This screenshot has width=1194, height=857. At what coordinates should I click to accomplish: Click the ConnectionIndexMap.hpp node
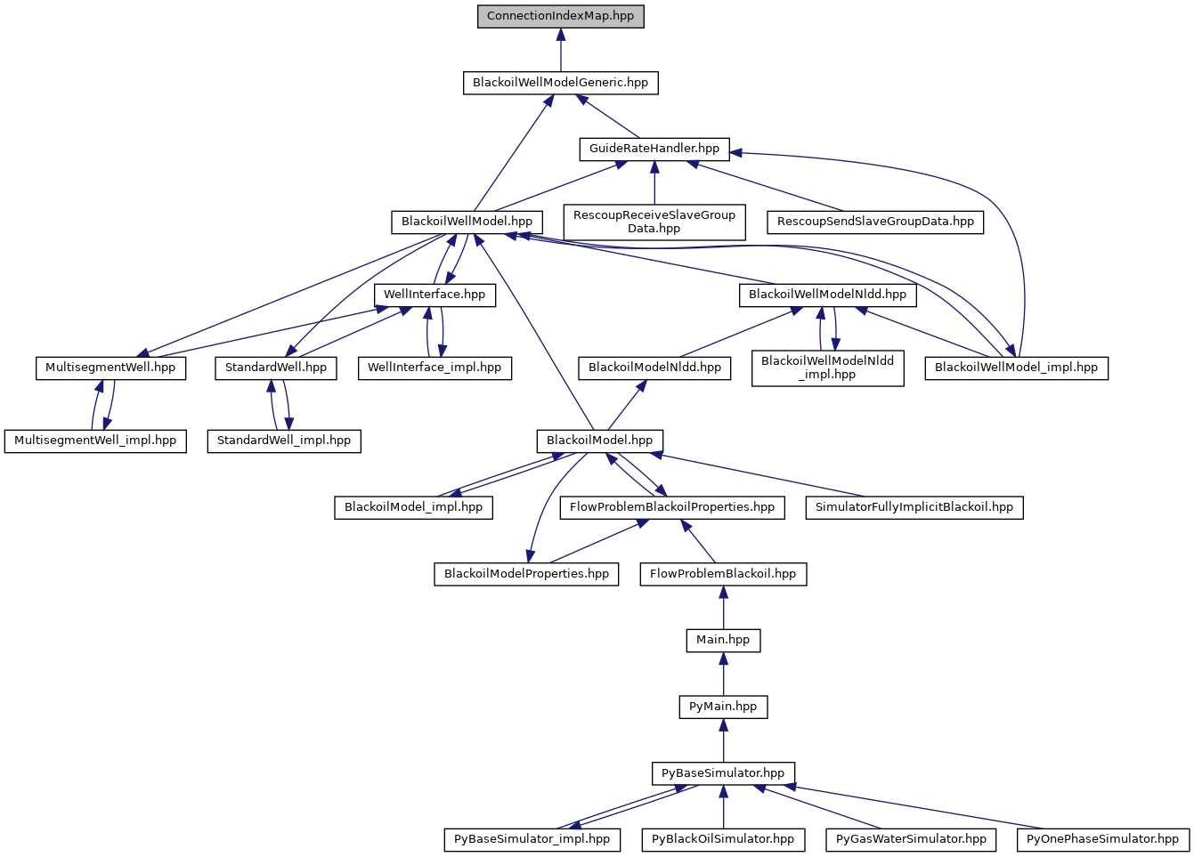pos(560,16)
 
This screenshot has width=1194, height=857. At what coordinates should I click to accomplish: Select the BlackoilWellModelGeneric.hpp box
pos(560,83)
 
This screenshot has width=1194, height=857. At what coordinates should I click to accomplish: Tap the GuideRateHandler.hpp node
pos(654,149)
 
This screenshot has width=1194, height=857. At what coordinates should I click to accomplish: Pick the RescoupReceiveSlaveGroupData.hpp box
pos(654,222)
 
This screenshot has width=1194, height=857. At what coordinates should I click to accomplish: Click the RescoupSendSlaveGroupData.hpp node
pos(875,222)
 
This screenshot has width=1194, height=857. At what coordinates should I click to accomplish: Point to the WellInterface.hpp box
pos(435,295)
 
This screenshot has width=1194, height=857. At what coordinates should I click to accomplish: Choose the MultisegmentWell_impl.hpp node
pos(95,441)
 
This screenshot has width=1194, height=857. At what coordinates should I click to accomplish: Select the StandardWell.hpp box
pos(276,368)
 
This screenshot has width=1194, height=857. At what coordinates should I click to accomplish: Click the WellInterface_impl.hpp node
pos(435,368)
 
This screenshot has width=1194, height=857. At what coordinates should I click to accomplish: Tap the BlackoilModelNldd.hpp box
pos(654,368)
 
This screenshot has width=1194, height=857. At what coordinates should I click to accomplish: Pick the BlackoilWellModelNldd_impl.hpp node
pos(827,368)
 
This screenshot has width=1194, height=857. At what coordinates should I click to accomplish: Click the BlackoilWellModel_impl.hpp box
pos(1016,368)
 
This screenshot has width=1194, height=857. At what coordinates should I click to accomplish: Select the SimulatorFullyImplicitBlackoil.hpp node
pos(914,507)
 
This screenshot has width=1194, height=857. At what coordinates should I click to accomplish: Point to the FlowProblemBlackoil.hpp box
pos(723,574)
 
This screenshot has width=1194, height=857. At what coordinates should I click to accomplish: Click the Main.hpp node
pos(723,640)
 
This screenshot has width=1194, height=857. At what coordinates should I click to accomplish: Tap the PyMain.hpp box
pos(723,707)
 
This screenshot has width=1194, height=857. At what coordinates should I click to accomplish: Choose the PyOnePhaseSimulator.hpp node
pos(1102,839)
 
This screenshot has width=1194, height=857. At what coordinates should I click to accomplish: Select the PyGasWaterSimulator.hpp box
pos(912,839)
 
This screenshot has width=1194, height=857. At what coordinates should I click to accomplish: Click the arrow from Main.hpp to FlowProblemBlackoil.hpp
pos(723,608)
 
